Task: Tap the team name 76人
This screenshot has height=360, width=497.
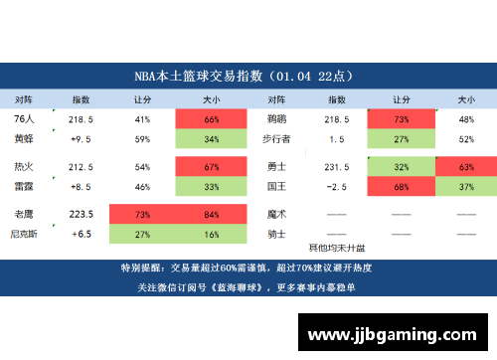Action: click(24, 118)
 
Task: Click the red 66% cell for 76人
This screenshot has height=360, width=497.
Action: click(211, 119)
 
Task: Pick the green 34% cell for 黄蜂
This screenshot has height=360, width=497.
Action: click(211, 139)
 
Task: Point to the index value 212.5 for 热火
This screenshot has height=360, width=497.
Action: click(82, 166)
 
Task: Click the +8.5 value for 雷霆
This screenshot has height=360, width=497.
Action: click(82, 186)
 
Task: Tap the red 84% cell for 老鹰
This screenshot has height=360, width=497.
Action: click(211, 214)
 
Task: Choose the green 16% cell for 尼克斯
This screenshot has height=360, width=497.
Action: click(211, 234)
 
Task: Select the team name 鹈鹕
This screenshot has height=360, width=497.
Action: click(277, 118)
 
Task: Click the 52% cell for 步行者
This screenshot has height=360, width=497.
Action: click(465, 139)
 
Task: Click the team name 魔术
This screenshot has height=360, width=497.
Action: click(277, 214)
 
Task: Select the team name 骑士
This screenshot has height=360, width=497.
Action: click(277, 234)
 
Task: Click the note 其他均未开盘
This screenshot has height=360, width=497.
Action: click(337, 247)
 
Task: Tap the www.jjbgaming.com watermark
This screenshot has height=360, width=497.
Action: click(397, 330)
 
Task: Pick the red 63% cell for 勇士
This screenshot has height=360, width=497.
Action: click(465, 166)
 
